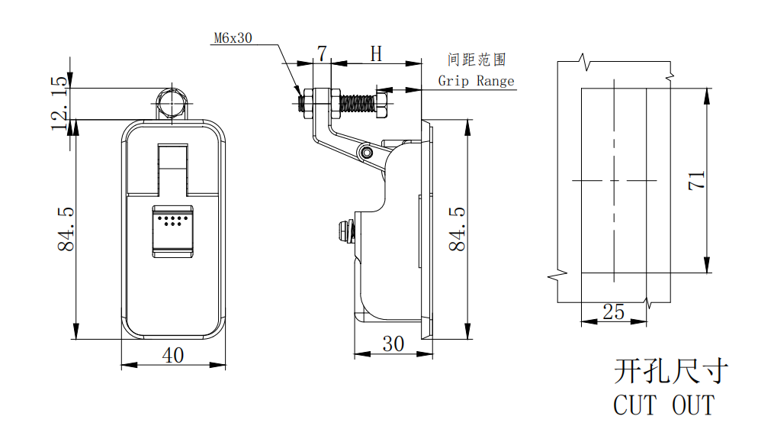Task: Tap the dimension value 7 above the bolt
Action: point(322,53)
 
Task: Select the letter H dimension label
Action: point(376,53)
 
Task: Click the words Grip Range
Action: point(476,81)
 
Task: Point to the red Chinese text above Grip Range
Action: point(477,60)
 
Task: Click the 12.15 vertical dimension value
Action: point(59,103)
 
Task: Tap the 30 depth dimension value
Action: point(393,344)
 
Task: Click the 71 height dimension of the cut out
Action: point(695,180)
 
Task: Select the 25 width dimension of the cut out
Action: point(613,311)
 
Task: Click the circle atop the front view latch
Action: point(172,102)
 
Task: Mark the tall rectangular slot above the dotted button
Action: point(172,169)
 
